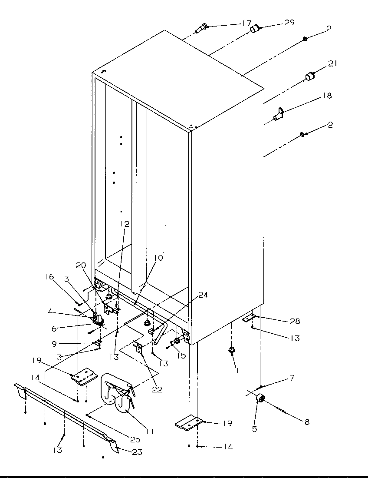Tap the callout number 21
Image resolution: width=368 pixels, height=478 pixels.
332,63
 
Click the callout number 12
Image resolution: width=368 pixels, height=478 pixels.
125,224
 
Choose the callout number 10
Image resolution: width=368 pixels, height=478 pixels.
158,258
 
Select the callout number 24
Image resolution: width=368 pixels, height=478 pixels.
203,295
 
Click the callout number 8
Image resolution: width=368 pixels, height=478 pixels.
307,422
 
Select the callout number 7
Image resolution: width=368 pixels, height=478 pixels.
292,378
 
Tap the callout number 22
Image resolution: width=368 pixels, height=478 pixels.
157,390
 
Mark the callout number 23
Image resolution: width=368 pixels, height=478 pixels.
137,452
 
